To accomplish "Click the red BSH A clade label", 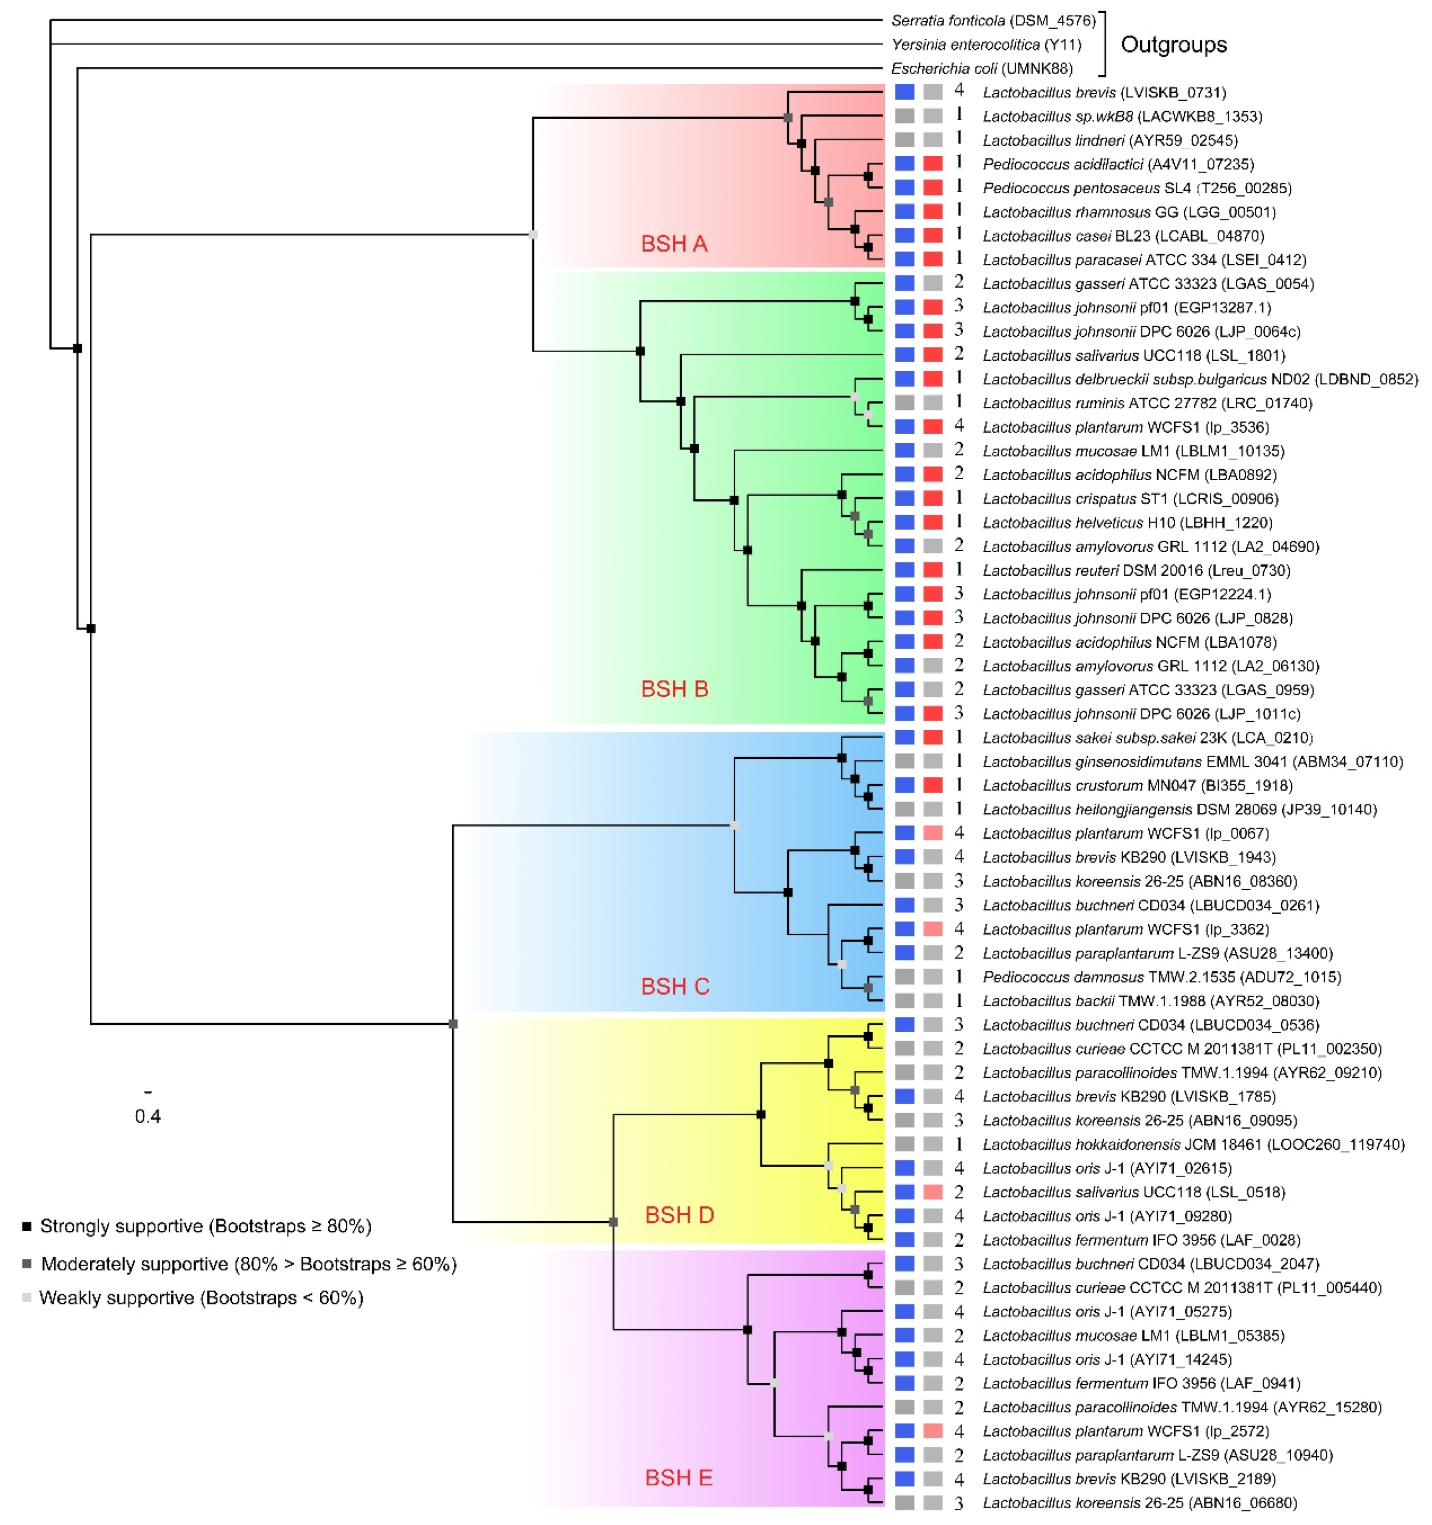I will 674,244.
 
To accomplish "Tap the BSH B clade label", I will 674,689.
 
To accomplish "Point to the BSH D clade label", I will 679,1215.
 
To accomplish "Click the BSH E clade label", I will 678,1478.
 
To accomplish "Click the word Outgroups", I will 1173,45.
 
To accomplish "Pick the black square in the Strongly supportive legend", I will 27,1227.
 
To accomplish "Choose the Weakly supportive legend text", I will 201,1298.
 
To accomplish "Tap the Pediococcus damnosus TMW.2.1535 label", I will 1161,977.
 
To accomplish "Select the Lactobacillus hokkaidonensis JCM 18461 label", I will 1193,1145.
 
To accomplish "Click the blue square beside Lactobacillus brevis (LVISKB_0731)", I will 905,92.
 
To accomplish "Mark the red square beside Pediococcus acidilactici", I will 933,164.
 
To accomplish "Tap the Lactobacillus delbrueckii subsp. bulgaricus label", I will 1200,379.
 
